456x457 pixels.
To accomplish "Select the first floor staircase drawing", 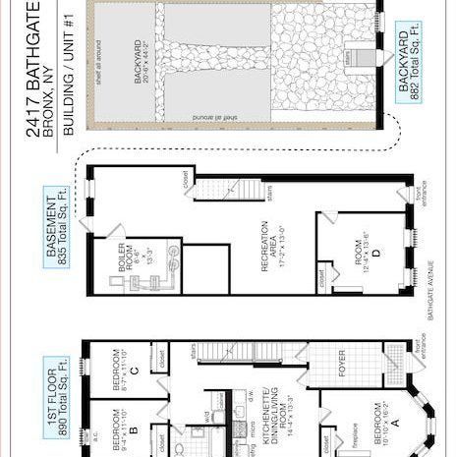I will click(x=224, y=351).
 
